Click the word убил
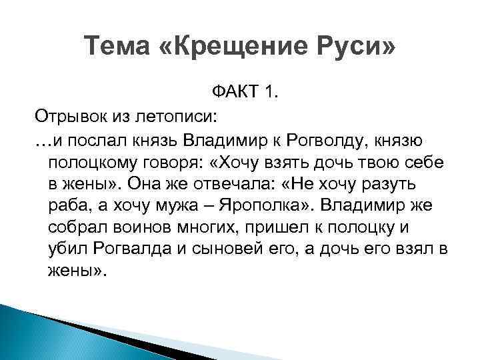click(x=65, y=250)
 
